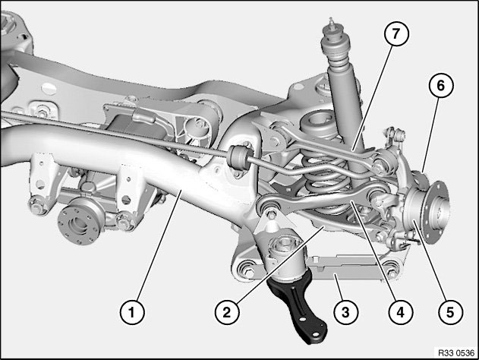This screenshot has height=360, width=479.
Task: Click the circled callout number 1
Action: coord(132,312)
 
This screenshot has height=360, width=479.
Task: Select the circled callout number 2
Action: coord(227,312)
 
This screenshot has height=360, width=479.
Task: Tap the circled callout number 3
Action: coord(345,312)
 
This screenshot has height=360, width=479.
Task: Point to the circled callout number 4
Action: coord(401,312)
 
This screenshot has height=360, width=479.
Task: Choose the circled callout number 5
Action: coord(450,312)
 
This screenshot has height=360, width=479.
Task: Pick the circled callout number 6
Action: coord(441,86)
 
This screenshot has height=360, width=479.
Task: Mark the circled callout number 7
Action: coord(396,33)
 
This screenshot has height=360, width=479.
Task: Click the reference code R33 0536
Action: coord(456,353)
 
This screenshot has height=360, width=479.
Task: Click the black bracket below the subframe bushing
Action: coord(298,305)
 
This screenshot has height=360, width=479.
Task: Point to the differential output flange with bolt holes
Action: coord(80,222)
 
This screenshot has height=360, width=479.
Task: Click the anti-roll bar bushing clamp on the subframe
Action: coord(240,156)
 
